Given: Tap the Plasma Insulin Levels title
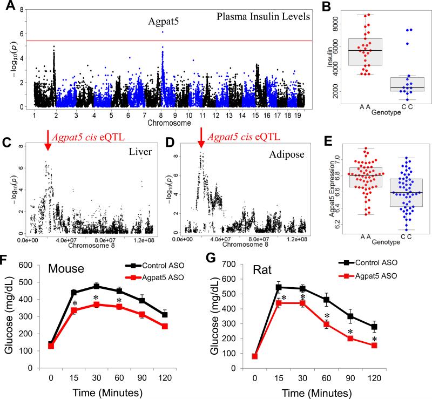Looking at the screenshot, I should click(x=263, y=17).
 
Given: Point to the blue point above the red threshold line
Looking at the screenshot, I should click(x=163, y=32).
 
